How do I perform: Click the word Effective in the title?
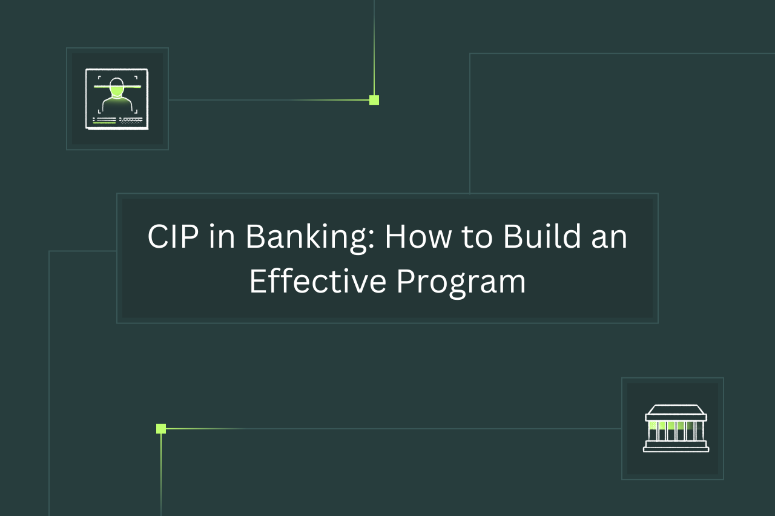click(317, 282)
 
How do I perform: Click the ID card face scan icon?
click(117, 99)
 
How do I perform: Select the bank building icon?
click(676, 429)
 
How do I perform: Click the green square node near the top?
click(374, 100)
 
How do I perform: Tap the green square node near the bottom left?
click(161, 429)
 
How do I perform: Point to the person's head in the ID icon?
click(117, 87)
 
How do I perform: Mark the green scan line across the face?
click(117, 87)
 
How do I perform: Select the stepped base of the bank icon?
click(676, 446)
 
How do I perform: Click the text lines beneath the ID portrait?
click(117, 121)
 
